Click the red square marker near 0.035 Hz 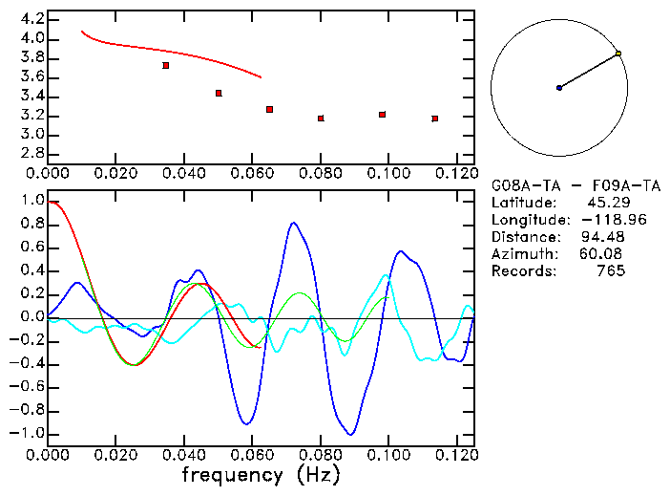coord(166,65)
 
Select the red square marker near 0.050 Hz coord(219,93)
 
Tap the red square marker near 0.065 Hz coord(270,109)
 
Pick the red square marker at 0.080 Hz coord(321,118)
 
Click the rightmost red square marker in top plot coord(434,119)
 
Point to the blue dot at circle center coord(559,88)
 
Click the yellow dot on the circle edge coord(618,54)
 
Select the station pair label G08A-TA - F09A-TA coord(576,186)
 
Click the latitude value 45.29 coord(605,204)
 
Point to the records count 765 coord(609,271)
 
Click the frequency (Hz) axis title coord(260,474)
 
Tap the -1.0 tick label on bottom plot coord(29,433)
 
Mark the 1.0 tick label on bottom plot coord(32,201)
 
